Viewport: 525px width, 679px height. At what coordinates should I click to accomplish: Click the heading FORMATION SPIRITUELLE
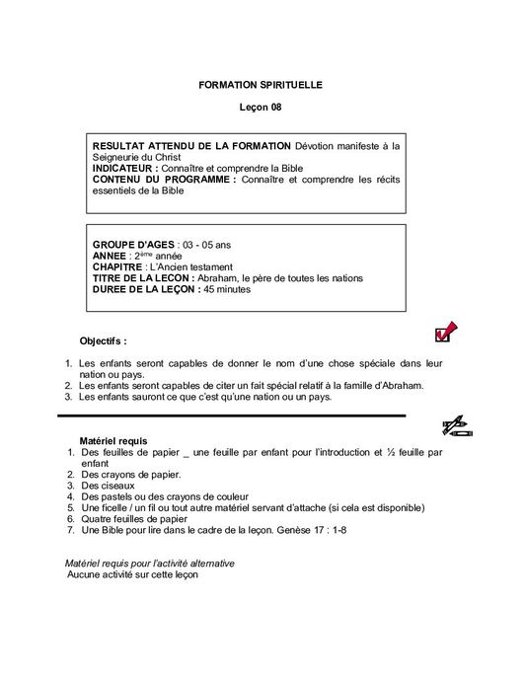point(262,87)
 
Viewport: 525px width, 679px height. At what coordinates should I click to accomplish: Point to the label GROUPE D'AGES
point(133,244)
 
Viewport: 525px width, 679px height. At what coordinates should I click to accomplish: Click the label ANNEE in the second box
point(111,256)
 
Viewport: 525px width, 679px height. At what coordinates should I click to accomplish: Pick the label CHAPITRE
point(117,266)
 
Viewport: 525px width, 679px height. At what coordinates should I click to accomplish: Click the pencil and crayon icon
point(456,427)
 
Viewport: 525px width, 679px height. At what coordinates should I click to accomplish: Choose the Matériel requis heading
point(113,440)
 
